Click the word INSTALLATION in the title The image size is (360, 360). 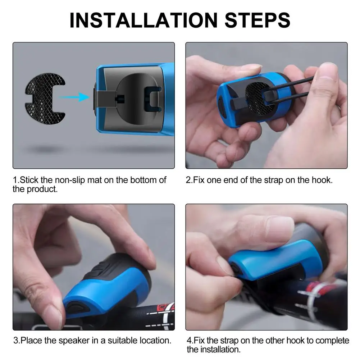pos(143,20)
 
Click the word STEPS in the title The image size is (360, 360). pos(258,20)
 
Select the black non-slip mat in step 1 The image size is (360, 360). pos(45,99)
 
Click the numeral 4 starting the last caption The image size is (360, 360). pos(189,341)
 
